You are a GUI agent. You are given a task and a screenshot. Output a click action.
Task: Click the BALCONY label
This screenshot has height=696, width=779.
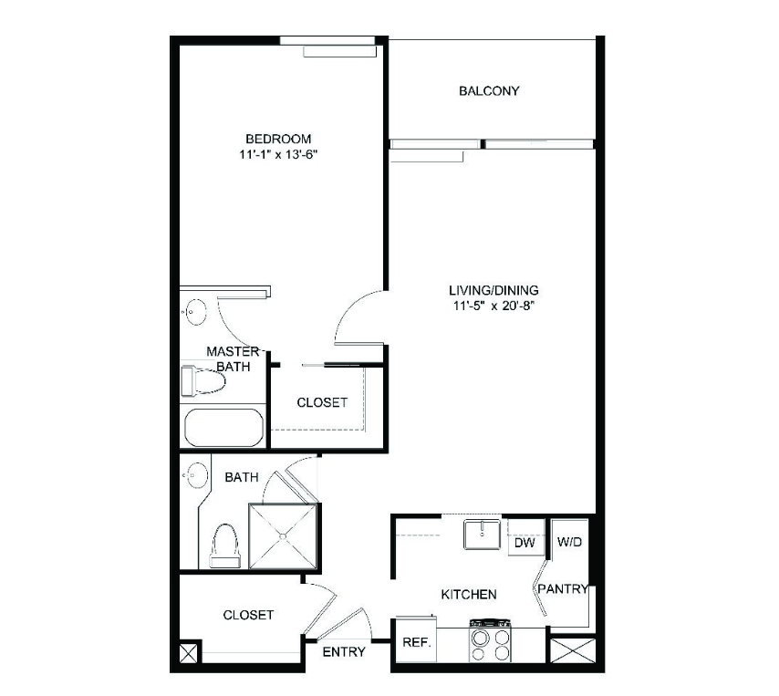tap(489, 91)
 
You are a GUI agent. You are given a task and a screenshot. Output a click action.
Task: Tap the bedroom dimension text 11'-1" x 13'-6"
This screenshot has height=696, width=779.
tap(278, 154)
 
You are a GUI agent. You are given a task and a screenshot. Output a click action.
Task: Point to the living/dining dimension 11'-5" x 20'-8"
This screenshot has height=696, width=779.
tap(493, 306)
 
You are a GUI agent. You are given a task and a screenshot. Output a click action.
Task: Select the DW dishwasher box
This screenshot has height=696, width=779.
tap(525, 542)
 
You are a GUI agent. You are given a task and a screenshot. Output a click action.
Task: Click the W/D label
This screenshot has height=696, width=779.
tap(569, 542)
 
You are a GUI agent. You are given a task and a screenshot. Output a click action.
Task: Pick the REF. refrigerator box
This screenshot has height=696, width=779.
tap(416, 641)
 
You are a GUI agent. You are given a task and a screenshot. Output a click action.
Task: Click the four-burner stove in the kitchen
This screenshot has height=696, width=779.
tap(491, 640)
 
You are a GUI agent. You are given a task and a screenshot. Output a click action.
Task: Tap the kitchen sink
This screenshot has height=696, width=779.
tap(482, 534)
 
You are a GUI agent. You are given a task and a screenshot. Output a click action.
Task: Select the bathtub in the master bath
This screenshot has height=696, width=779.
tap(223, 427)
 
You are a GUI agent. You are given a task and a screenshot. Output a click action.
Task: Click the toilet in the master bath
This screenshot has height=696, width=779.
tap(203, 380)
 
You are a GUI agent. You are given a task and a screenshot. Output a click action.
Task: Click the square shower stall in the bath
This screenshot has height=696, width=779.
tap(283, 536)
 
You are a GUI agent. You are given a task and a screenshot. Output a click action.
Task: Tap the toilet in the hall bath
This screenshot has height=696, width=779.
tap(225, 545)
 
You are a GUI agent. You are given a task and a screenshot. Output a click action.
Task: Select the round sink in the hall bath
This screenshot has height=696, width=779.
tap(195, 475)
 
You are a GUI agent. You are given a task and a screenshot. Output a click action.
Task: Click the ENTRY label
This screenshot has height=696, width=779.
tap(344, 651)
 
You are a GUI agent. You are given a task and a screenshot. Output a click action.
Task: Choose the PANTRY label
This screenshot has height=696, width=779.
tap(563, 588)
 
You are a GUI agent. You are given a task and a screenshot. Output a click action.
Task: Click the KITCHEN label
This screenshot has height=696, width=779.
tap(469, 594)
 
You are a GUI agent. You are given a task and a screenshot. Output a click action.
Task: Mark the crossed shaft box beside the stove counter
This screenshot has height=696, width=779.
tap(573, 650)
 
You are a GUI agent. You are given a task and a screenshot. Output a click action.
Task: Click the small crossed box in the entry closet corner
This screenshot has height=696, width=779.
tap(188, 653)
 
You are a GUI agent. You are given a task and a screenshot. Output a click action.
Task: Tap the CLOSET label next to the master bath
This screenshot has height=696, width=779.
tap(322, 402)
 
